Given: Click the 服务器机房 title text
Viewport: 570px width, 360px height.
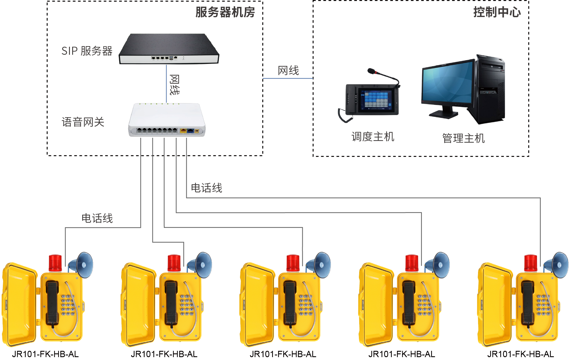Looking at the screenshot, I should click(225, 12).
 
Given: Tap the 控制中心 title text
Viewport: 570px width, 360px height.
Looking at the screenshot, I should click(497, 12).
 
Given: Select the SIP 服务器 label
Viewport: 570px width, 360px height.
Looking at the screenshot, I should click(87, 51).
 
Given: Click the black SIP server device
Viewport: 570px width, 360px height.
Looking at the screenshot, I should click(169, 49).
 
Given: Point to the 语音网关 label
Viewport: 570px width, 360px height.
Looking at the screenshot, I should click(83, 122).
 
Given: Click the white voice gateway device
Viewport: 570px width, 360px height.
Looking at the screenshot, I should click(167, 120).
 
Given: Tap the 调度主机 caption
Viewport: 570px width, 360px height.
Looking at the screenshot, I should click(373, 137).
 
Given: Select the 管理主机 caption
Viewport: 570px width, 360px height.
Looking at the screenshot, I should click(463, 138).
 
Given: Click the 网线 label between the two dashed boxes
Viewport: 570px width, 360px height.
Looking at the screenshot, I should click(288, 71).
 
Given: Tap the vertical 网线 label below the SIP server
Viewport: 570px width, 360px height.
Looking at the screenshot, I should click(174, 85).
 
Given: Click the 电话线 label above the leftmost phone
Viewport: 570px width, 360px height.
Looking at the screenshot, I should click(97, 218).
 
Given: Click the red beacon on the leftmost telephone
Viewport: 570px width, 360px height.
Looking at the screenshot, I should click(55, 262).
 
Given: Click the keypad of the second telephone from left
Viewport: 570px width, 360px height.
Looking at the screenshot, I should click(187, 305).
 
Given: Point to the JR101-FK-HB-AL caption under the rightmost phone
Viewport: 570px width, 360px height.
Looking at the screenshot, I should click(520, 354).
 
